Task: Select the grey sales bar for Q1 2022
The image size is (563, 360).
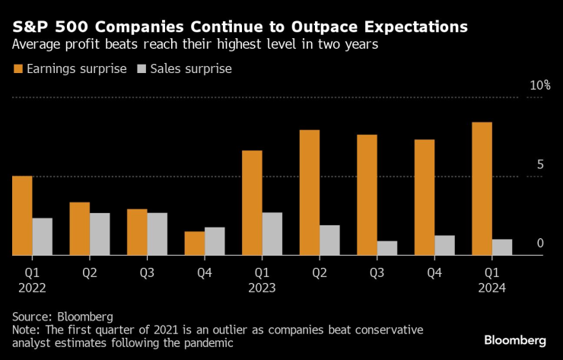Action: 43,237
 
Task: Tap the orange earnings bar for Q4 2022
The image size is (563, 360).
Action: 194,244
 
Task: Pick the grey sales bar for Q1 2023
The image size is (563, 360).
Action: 272,234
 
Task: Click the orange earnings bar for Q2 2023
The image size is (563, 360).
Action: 309,193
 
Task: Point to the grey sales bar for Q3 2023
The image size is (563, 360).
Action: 387,248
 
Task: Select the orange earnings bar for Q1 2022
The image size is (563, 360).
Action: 22,216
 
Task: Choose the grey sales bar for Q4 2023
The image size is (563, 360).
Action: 445,245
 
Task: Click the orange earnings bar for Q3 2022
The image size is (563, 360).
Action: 137,232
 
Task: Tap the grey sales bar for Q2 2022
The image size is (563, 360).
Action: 100,234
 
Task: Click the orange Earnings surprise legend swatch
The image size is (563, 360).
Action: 18,68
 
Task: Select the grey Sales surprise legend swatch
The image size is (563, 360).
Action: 142,68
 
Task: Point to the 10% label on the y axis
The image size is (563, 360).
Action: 539,85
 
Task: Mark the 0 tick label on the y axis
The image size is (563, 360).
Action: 540,244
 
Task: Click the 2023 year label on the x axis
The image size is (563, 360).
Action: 262,288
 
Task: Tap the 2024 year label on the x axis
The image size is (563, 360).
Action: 491,288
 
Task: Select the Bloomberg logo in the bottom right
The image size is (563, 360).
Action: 514,339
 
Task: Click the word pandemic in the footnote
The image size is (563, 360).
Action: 207,343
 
